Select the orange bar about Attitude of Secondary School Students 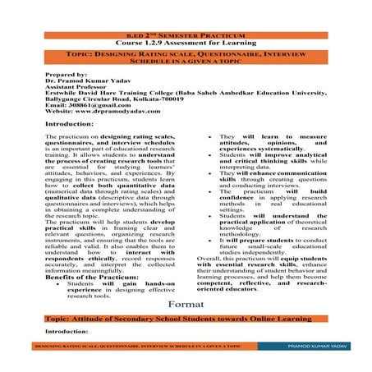pyautogui.click(x=186, y=316)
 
